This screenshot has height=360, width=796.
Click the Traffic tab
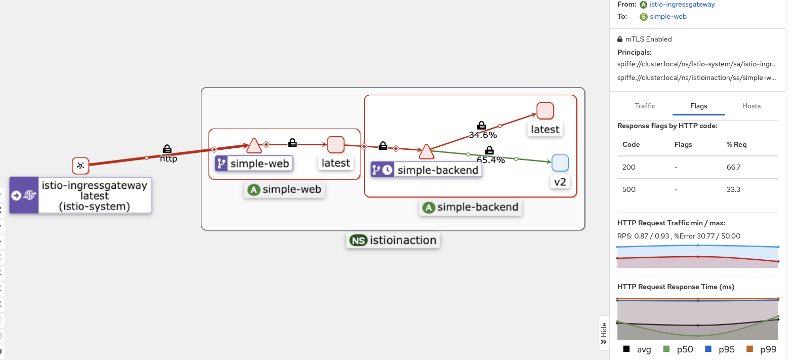[645, 106]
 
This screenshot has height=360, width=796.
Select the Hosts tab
[751, 106]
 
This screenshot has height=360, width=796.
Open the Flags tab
[698, 106]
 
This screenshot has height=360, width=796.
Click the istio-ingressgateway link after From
[682, 5]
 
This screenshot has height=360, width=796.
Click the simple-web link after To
[668, 17]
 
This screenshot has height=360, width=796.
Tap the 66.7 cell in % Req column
[733, 167]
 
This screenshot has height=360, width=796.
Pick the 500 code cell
[629, 189]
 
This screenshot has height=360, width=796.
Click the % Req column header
[736, 145]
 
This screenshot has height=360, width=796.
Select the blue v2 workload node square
[560, 163]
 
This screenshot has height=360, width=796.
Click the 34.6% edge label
[483, 135]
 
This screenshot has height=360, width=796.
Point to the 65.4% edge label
[491, 160]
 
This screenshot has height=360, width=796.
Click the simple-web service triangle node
[254, 146]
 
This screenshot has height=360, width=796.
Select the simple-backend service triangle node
[426, 151]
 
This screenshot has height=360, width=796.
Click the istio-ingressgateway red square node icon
[80, 166]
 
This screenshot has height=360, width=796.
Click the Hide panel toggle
[603, 333]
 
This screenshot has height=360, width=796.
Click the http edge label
[169, 158]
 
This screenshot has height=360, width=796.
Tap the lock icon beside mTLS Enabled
[620, 39]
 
